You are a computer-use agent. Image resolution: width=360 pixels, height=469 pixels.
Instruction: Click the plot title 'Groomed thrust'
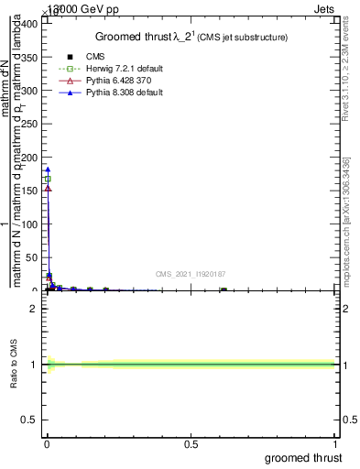coord(136,37)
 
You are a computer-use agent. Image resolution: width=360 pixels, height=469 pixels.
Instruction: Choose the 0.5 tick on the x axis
coord(191,444)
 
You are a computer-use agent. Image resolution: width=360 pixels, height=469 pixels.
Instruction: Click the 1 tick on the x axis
coord(335,444)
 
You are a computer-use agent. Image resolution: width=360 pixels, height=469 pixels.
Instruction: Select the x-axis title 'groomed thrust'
coord(303,458)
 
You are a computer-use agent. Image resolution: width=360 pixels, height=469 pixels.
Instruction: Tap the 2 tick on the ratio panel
coord(33,309)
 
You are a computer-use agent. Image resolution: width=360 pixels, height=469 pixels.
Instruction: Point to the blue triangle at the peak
coord(48,169)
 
